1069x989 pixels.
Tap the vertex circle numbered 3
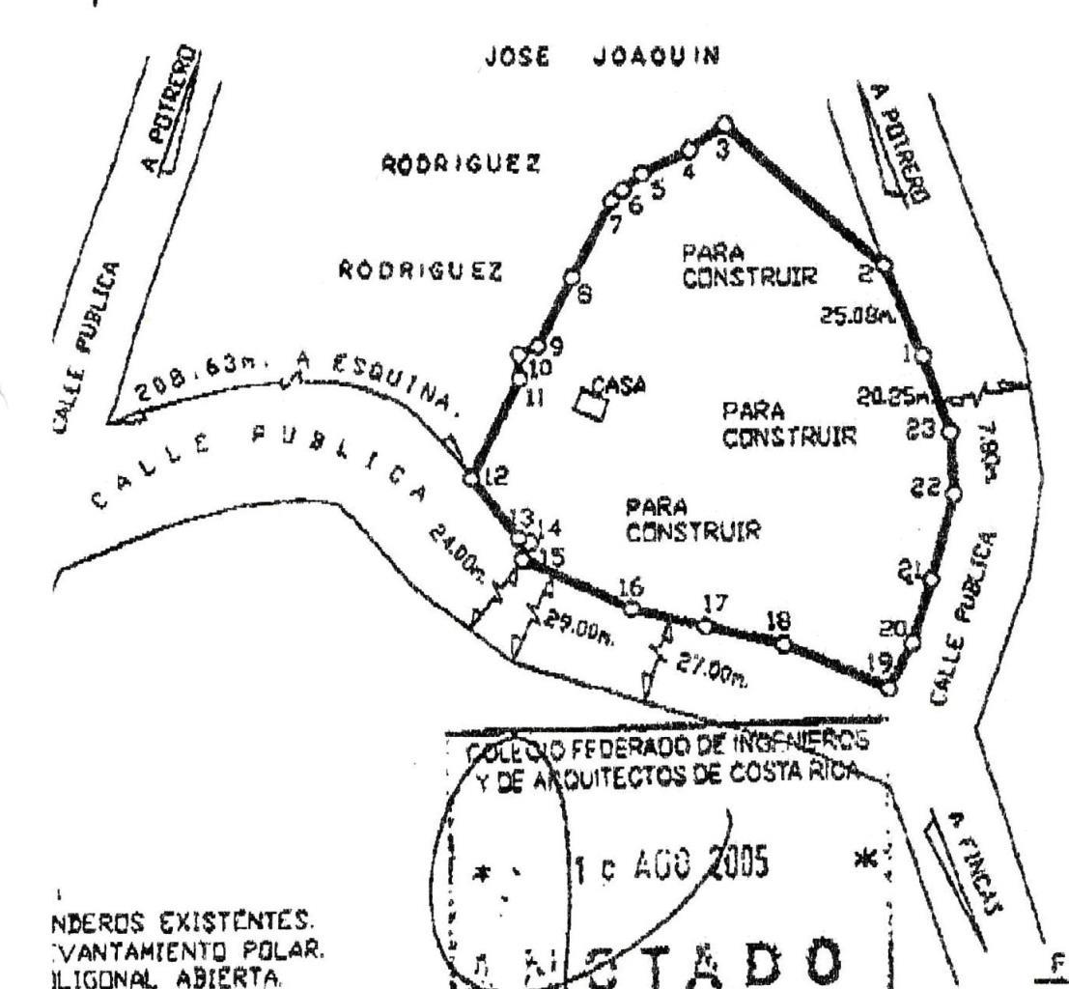724,124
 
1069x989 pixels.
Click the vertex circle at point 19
888,688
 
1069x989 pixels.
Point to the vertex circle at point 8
571,275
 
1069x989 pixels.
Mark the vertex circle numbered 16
631,608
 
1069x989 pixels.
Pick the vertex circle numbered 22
954,495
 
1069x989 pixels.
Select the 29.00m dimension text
572,629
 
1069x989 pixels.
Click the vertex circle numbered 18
782,644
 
